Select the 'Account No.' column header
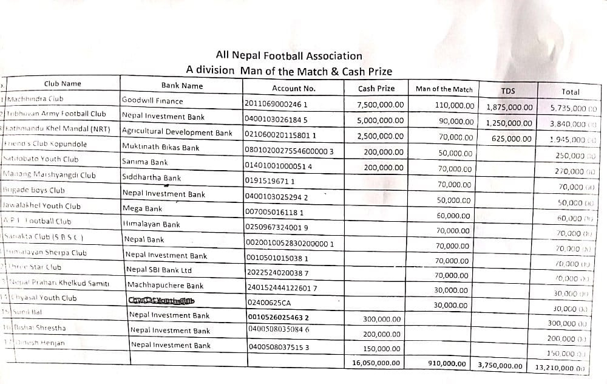(x=293, y=89)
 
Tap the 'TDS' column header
(x=508, y=91)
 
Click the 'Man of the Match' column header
(x=444, y=89)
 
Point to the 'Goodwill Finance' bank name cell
(x=152, y=101)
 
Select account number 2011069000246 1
(x=276, y=103)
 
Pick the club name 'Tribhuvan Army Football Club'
(x=56, y=114)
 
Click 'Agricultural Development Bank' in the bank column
(x=177, y=132)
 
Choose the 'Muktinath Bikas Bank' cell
(x=161, y=147)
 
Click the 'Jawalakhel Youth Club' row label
(x=42, y=206)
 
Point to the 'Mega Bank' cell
(x=142, y=208)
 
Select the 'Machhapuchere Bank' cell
(x=164, y=285)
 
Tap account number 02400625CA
(x=270, y=303)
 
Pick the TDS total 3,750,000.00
(x=500, y=366)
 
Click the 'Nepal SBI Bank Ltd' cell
(x=158, y=270)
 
